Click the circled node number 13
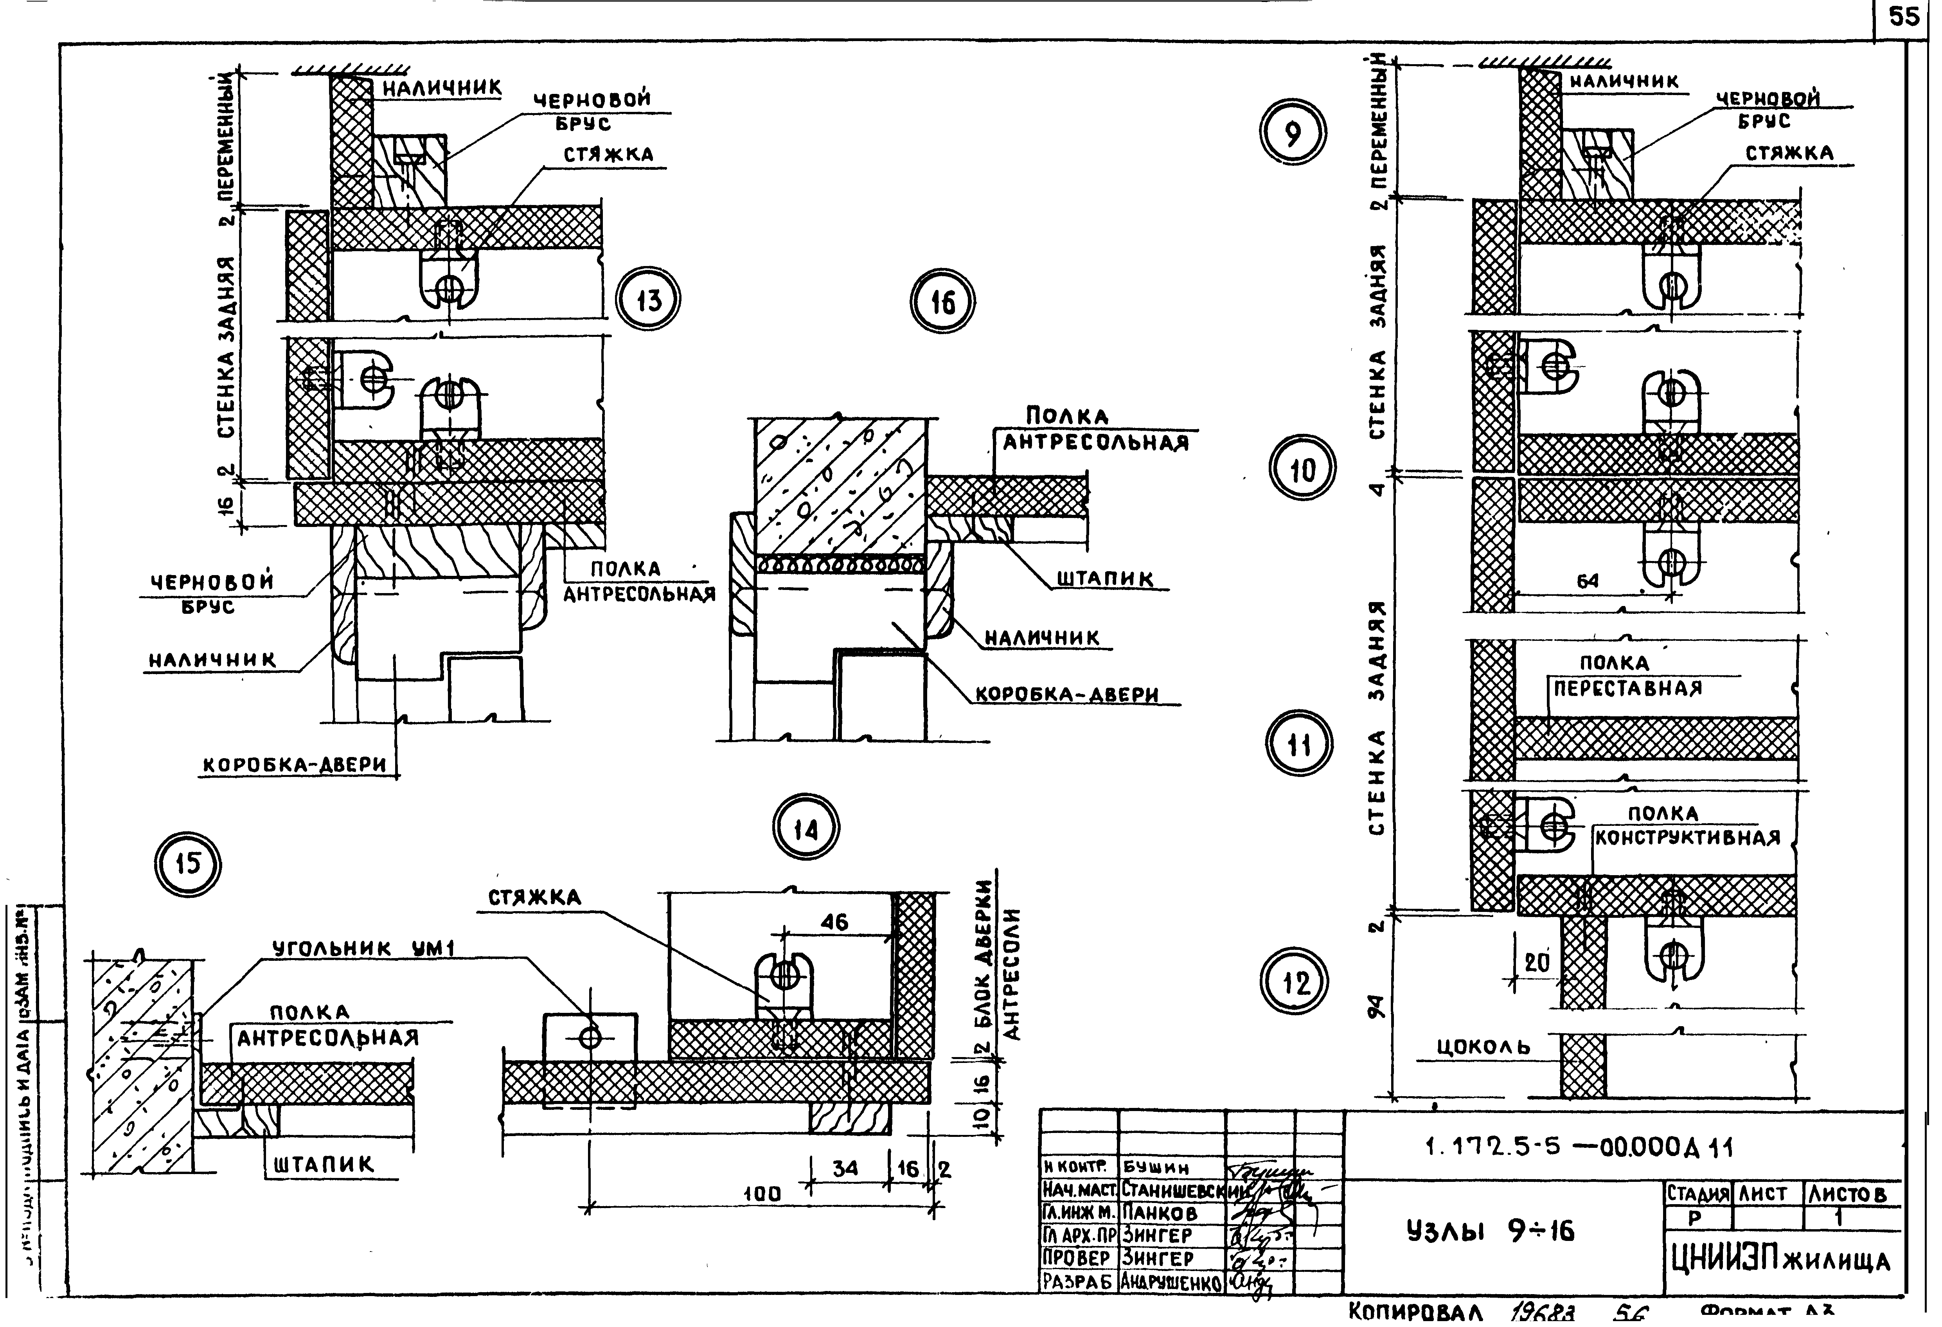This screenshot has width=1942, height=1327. coord(649,301)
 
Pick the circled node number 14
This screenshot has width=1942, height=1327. coord(806,829)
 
